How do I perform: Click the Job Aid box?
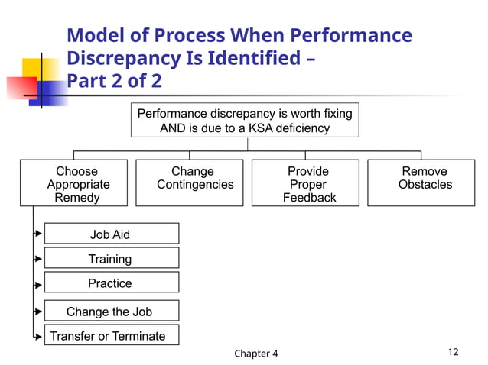[112, 234]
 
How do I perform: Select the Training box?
[112, 258]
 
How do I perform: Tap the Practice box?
[112, 283]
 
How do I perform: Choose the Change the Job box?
[112, 311]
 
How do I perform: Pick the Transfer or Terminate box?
[107, 336]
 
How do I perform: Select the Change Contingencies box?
[190, 183]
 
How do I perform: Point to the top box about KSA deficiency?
[245, 120]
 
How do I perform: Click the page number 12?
[453, 352]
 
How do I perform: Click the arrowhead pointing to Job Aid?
[37, 234]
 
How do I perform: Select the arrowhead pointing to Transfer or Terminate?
[37, 337]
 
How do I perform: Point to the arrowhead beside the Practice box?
[37, 285]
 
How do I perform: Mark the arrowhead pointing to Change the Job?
[37, 312]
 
